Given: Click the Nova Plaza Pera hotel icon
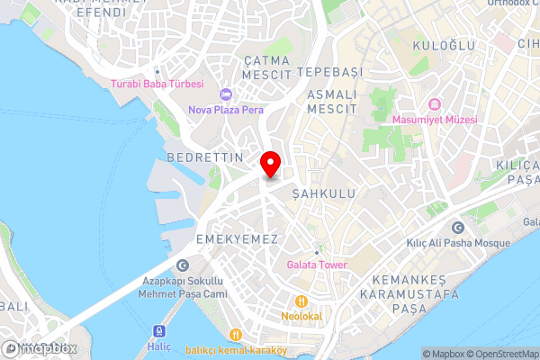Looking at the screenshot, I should pos(225,94).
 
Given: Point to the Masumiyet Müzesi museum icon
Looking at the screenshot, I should pos(434,103).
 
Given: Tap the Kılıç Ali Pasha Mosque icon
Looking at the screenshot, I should pos(458,227).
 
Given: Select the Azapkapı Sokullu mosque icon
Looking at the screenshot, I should pos(184,265).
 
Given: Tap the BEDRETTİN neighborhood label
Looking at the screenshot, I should pos(205,157).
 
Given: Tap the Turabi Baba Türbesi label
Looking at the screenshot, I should pos(157,85).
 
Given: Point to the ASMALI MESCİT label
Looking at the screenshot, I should pos(332,101).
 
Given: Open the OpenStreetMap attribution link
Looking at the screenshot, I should pos(500,354).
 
